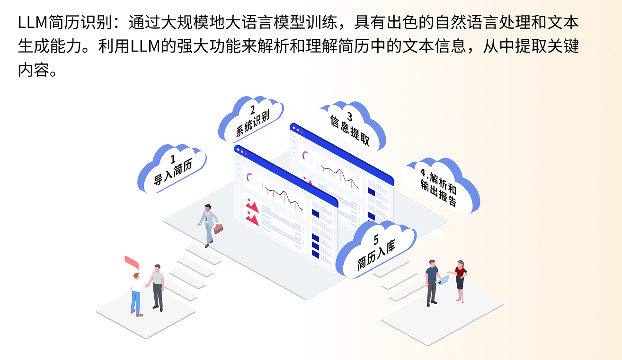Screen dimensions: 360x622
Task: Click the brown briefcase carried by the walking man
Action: point(218,228)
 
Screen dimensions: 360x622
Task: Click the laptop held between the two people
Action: point(444,280)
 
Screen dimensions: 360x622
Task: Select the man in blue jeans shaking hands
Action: point(136,293)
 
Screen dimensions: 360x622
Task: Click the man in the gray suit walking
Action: point(208,225)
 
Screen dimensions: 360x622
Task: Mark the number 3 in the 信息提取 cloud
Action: point(350,116)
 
